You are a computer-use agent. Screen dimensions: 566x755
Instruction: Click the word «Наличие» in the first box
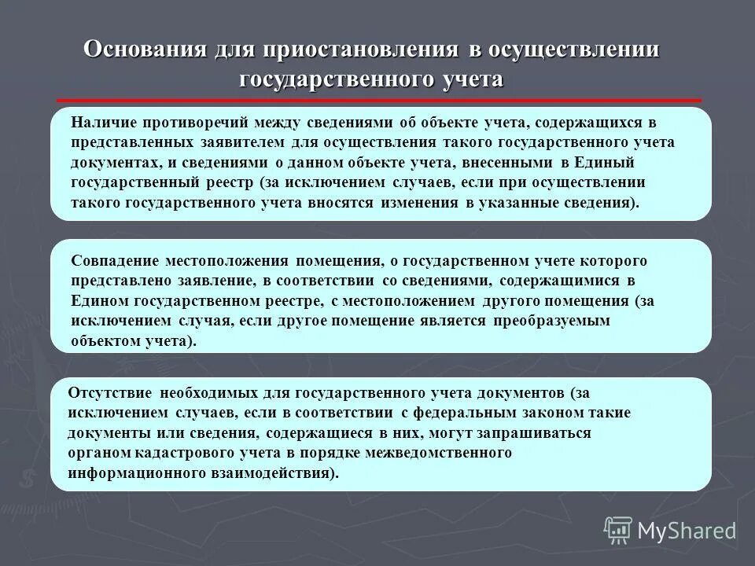click(98, 123)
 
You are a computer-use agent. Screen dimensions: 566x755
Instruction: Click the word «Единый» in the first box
click(623, 163)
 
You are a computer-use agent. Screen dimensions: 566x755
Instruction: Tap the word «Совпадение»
click(114, 260)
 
